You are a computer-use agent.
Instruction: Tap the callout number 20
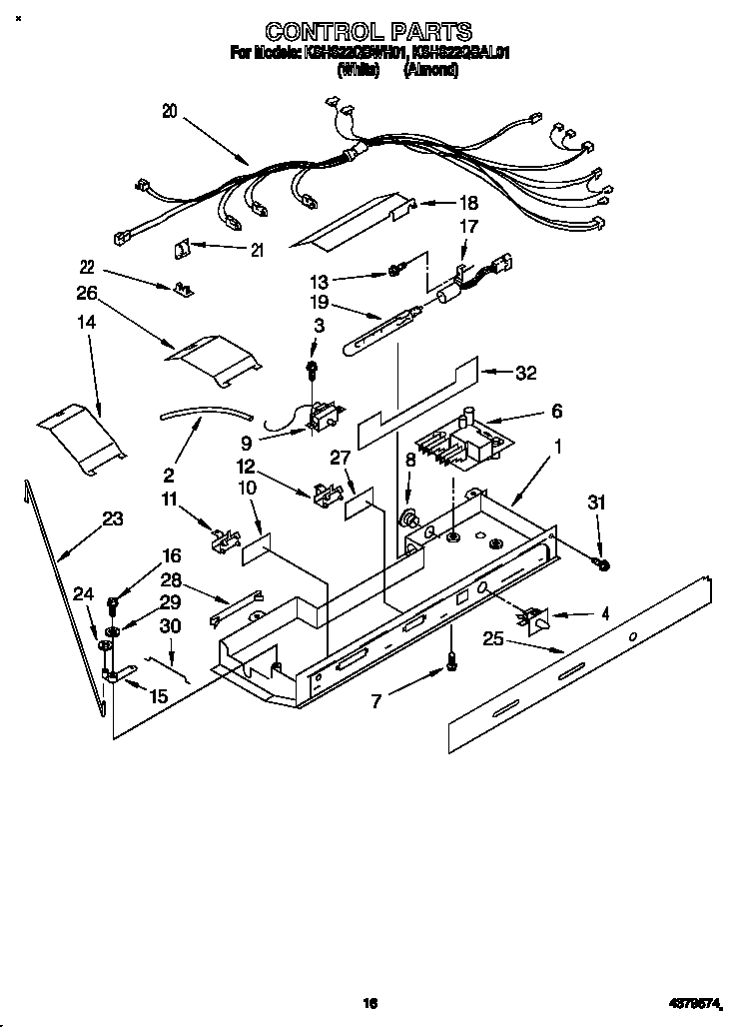tap(169, 112)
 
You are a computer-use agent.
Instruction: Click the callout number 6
tap(556, 411)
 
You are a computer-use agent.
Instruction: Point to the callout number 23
tap(113, 517)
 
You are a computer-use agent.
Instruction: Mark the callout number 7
tap(375, 701)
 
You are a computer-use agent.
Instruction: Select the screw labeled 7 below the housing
tap(452, 659)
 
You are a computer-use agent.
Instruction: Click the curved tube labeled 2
tap(205, 411)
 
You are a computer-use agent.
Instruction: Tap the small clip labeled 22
tap(183, 289)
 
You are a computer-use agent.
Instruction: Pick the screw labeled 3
tap(313, 370)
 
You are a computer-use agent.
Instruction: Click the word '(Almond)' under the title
tap(430, 71)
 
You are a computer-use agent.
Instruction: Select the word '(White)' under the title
tap(357, 71)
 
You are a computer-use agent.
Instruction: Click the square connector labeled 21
tap(186, 245)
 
